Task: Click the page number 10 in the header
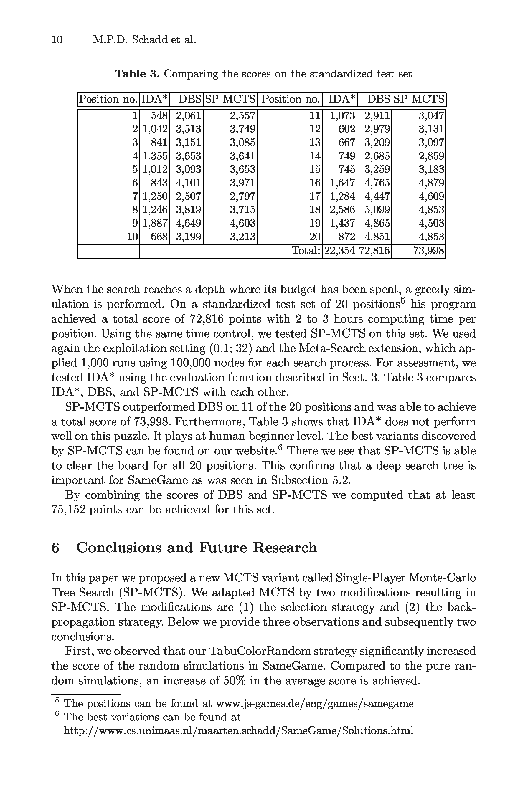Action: point(57,40)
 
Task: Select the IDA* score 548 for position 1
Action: point(159,116)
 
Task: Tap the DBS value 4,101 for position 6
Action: point(188,183)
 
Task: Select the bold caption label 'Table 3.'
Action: point(137,74)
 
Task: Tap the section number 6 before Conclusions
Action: point(55,548)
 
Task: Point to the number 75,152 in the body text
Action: point(68,510)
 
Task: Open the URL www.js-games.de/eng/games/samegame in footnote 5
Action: point(315,703)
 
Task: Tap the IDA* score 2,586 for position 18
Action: point(342,210)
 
